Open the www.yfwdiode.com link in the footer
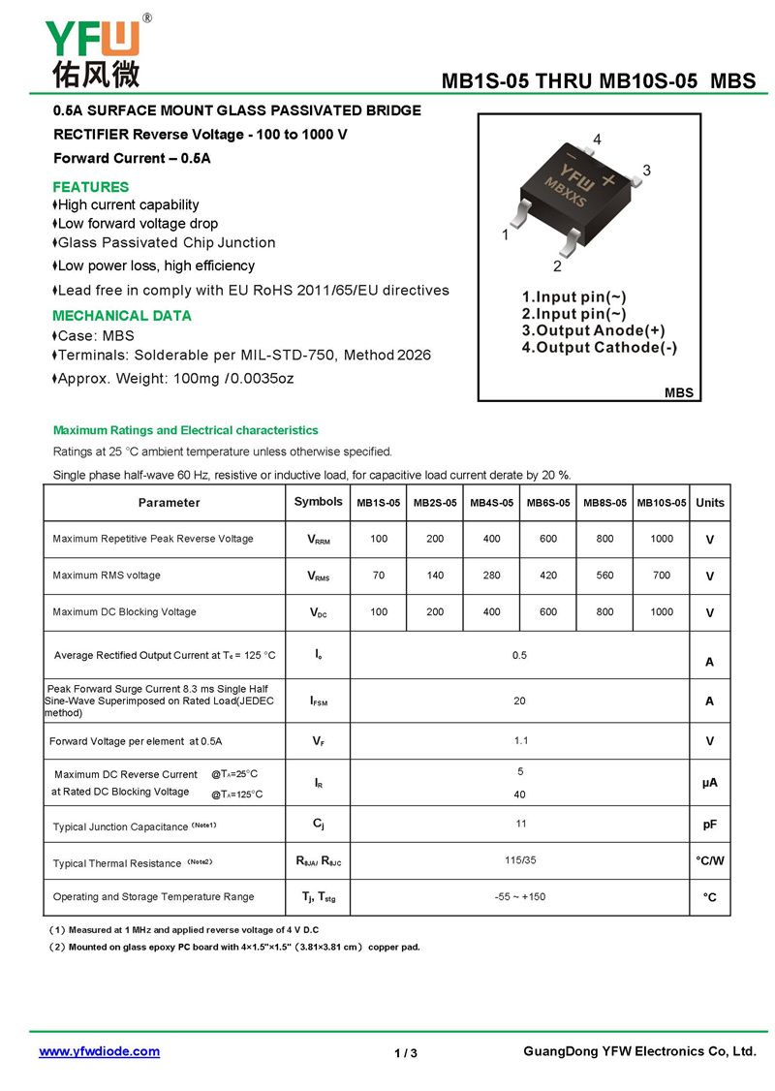[99, 1051]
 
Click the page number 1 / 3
[406, 1053]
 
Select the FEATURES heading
[90, 187]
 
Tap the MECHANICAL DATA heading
[121, 316]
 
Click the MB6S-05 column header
[548, 503]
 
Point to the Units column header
[709, 503]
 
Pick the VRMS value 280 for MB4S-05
[492, 576]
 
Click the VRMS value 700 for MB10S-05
[662, 576]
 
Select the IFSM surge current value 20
[520, 701]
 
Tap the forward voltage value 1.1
[520, 741]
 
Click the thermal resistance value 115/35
[520, 860]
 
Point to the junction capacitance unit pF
[709, 825]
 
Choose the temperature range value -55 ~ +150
[520, 897]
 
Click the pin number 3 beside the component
[646, 171]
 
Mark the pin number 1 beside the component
[506, 235]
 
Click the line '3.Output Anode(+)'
[593, 330]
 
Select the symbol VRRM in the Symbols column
[318, 540]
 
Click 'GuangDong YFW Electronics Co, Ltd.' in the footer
[638, 1051]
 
